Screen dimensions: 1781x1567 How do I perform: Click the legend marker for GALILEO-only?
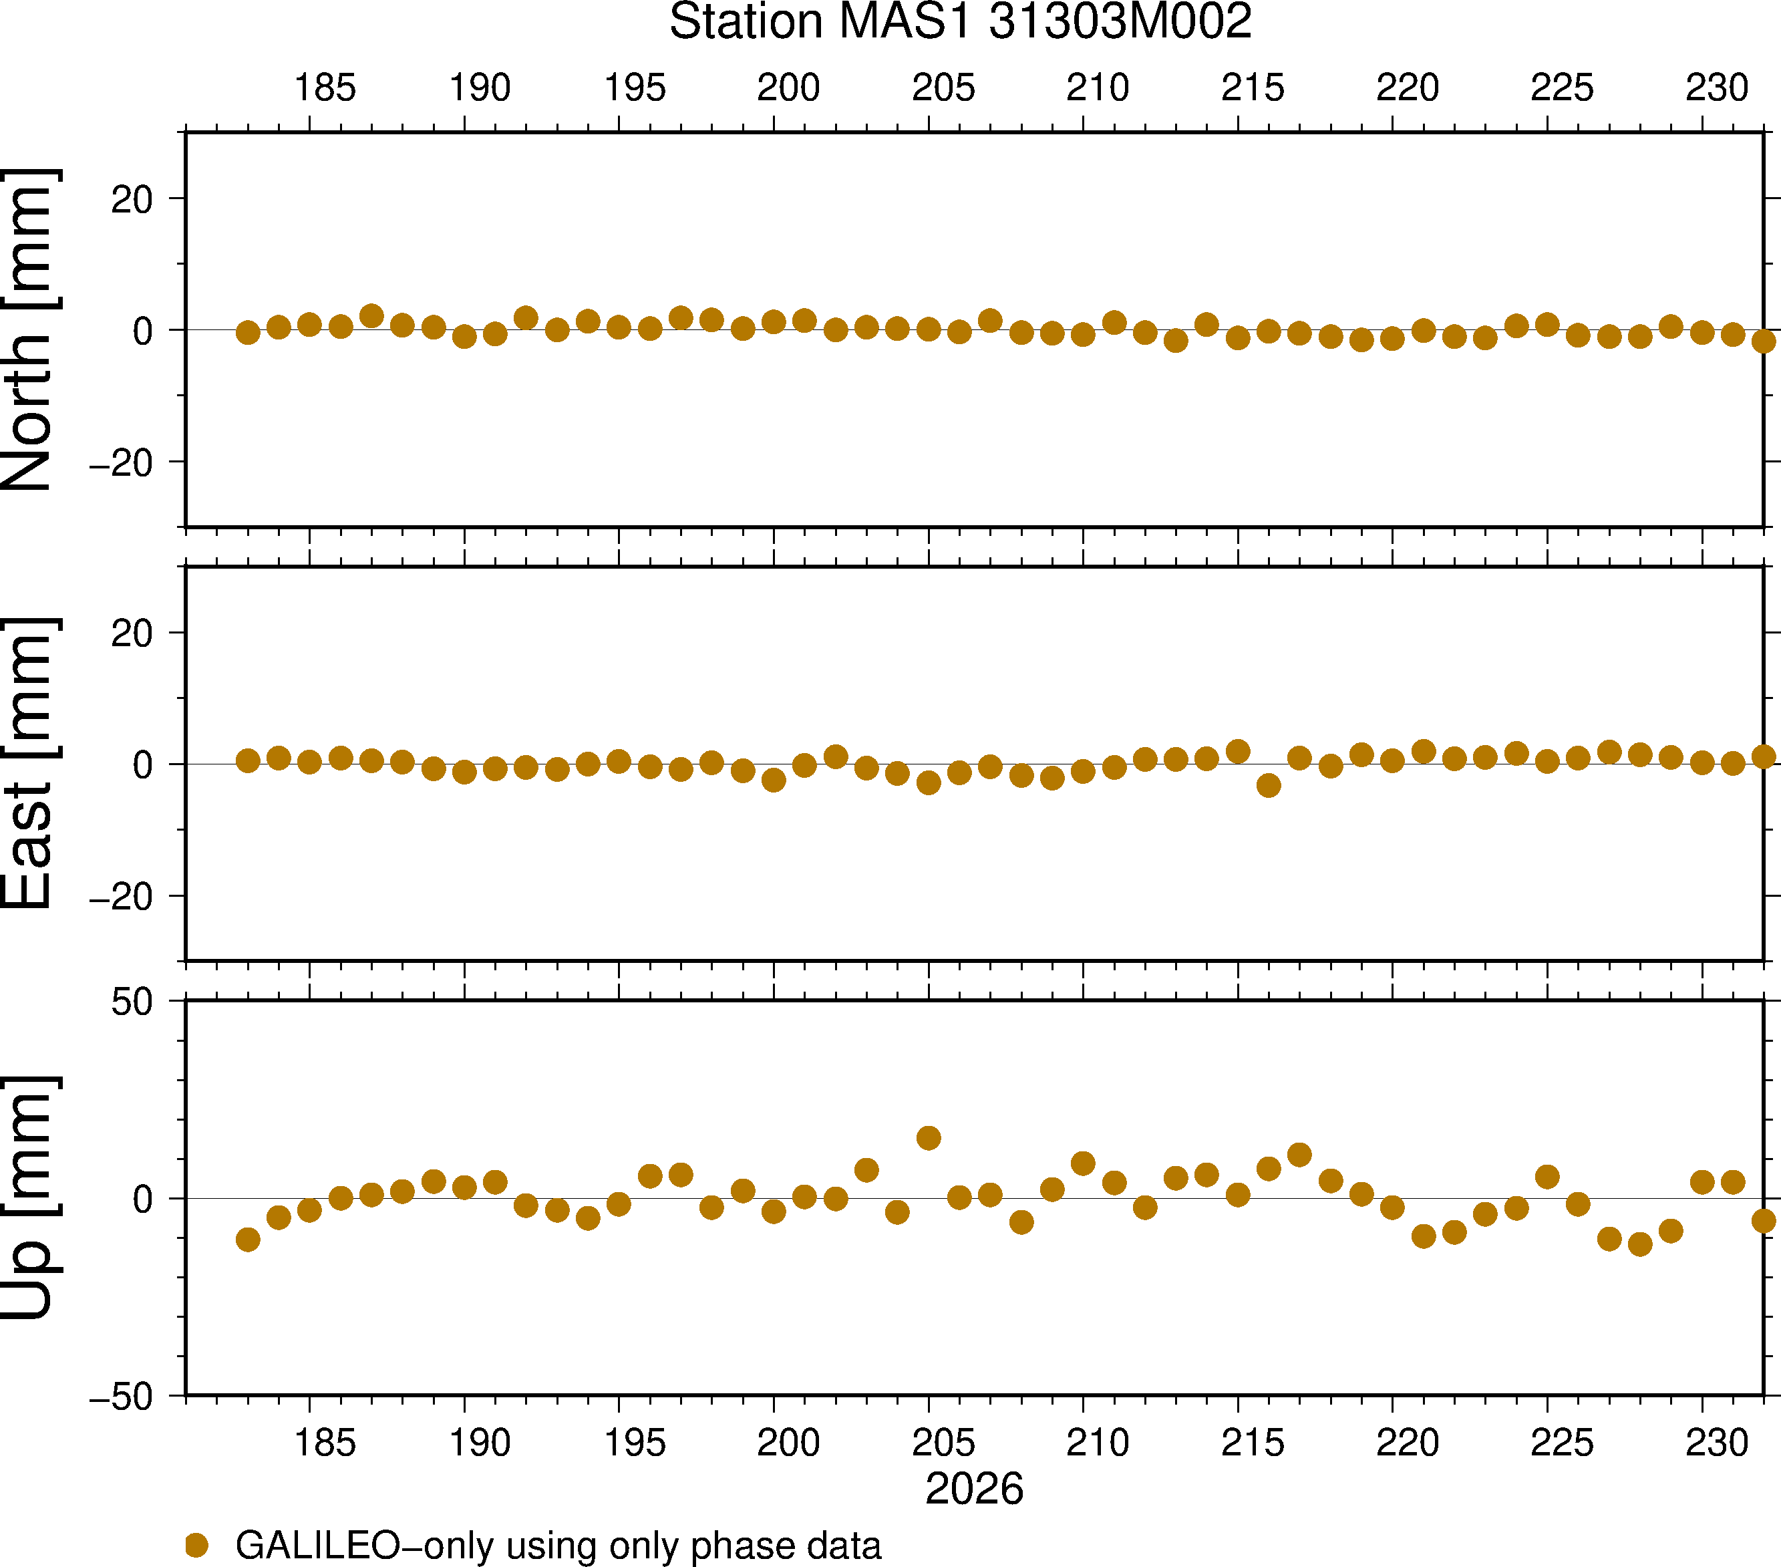(x=197, y=1545)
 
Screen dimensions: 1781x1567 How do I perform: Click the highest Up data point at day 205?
(x=929, y=1137)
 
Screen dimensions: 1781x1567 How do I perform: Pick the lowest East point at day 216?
(x=1269, y=785)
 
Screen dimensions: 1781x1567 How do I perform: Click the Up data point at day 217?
(x=1299, y=1155)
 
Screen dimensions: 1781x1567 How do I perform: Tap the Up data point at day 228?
(x=1640, y=1244)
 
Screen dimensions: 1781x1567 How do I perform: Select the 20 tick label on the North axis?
(x=132, y=200)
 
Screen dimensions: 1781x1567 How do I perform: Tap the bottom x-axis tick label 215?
(x=1253, y=1443)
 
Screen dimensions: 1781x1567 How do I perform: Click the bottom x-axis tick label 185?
(x=325, y=1443)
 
